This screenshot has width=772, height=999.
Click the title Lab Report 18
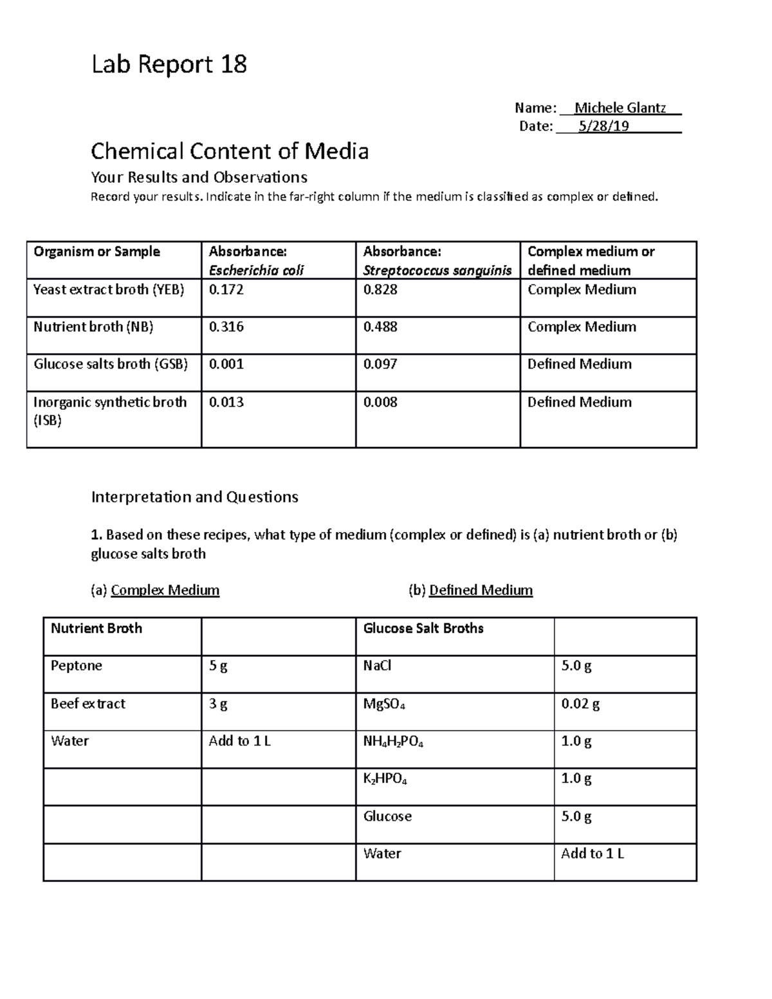coord(169,65)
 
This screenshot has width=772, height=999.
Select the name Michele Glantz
coord(620,107)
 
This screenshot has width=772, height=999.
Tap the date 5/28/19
coord(603,126)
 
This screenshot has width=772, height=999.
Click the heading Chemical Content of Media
coord(230,151)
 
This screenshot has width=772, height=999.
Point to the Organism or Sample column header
coord(96,252)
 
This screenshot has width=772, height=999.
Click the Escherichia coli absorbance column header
coord(256,261)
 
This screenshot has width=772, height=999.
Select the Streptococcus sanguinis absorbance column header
coord(437,261)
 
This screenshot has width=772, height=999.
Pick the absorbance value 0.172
coord(226,289)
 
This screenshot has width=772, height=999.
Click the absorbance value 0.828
coord(380,289)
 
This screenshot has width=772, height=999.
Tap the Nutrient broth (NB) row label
coord(93,327)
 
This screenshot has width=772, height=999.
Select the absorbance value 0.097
coord(380,364)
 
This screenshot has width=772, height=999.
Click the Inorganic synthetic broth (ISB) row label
coord(109,411)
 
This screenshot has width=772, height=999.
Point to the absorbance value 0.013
coord(226,402)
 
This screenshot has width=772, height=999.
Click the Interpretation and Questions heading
coord(194,497)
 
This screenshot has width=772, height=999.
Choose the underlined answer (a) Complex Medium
coord(165,590)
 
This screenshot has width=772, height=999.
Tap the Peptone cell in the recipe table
coord(77,666)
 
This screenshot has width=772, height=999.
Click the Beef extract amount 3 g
coord(218,704)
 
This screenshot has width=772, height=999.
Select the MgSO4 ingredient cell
coord(384,704)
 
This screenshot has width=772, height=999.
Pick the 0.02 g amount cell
coord(580,704)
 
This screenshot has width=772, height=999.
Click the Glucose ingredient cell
coord(387,816)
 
